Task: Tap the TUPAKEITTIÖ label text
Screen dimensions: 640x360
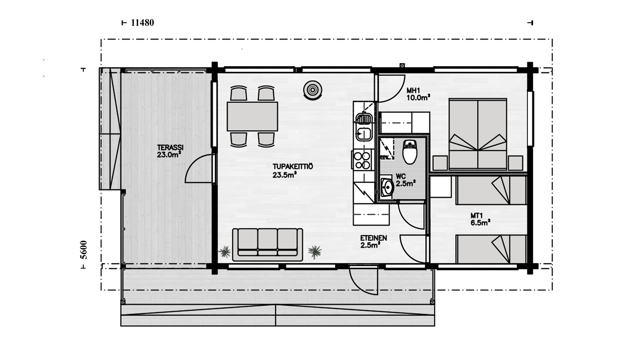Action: [293, 167]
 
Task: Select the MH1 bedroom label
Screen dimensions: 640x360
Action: [414, 90]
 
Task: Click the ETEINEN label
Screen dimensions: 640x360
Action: [373, 238]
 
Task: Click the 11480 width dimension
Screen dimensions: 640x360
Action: [142, 23]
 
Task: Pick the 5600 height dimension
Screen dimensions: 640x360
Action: [83, 250]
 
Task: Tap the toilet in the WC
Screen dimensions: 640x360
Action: [410, 152]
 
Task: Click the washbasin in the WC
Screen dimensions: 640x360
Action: [387, 188]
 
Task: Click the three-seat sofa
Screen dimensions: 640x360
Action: [268, 245]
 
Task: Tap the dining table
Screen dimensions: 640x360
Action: [252, 116]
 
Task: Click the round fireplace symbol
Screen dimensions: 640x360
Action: [313, 90]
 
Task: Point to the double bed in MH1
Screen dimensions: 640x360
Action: [478, 134]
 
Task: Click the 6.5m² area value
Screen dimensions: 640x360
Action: [480, 223]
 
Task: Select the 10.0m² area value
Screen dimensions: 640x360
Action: [418, 97]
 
